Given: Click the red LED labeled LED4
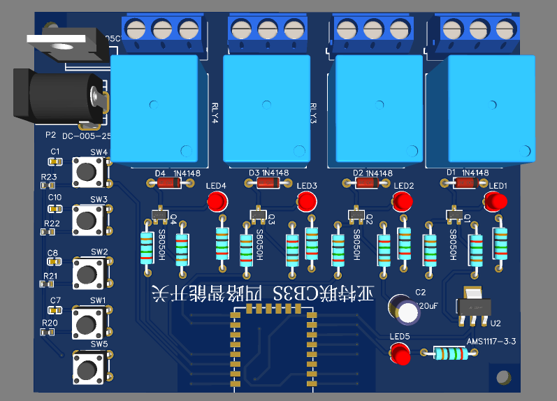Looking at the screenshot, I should point(217,203).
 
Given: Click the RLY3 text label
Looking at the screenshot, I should point(313,112).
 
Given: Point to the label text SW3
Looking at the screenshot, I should point(99,199).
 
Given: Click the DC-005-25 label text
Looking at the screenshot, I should point(86,137).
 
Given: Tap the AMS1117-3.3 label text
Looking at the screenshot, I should point(491,342).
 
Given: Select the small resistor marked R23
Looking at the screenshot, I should point(48,185).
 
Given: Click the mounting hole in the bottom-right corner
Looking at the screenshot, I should point(502,378).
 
